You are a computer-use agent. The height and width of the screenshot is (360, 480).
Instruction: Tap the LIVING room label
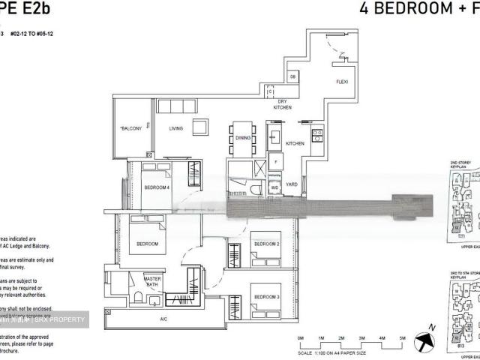point(176,128)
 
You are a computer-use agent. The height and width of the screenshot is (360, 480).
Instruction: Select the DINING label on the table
point(243,138)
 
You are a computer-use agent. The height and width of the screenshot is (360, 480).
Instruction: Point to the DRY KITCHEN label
point(283,106)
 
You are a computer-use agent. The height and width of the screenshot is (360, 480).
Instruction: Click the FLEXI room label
point(341,82)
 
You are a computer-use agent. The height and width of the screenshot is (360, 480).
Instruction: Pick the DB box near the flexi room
point(293,77)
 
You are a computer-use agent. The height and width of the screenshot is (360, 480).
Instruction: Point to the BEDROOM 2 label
point(266,244)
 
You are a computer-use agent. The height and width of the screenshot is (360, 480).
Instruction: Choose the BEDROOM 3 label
point(266,286)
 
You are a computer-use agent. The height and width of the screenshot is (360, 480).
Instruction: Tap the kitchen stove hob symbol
point(317,136)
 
